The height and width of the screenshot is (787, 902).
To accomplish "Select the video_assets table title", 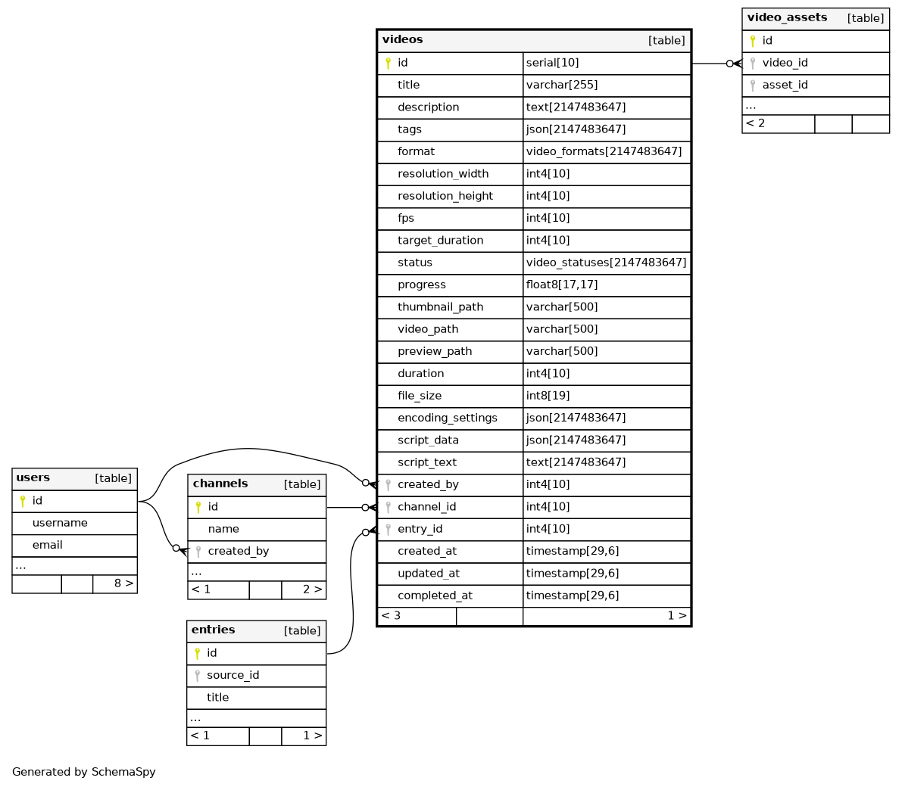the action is tap(787, 17).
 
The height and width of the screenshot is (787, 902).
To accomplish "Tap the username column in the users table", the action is tap(60, 523).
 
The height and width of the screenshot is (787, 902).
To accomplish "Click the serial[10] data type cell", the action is tap(552, 63).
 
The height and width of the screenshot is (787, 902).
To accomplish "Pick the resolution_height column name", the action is tap(445, 196).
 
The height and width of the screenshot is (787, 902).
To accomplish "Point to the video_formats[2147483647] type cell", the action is tap(604, 152).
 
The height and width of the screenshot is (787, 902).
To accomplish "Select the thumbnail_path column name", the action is tap(440, 307).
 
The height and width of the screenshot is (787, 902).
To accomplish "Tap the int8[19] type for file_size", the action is tap(548, 396).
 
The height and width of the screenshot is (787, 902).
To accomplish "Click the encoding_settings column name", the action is tap(447, 418).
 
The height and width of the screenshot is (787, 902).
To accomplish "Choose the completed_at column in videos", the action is tap(435, 596).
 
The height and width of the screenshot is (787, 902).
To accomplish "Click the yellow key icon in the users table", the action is tap(23, 501).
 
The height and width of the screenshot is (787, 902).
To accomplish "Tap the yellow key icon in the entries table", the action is tap(198, 653).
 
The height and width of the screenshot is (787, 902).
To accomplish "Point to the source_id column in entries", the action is tap(233, 675).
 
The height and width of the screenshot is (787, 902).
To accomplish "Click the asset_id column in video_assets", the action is tap(785, 85).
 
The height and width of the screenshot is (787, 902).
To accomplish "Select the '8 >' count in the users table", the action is tap(123, 583).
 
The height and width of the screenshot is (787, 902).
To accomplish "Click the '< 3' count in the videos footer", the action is tap(391, 616).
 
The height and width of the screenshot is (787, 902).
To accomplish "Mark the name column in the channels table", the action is tap(223, 529).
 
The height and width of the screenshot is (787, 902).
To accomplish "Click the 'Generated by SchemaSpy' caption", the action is tap(83, 771).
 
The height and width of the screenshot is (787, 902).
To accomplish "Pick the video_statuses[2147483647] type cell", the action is tap(606, 263).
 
